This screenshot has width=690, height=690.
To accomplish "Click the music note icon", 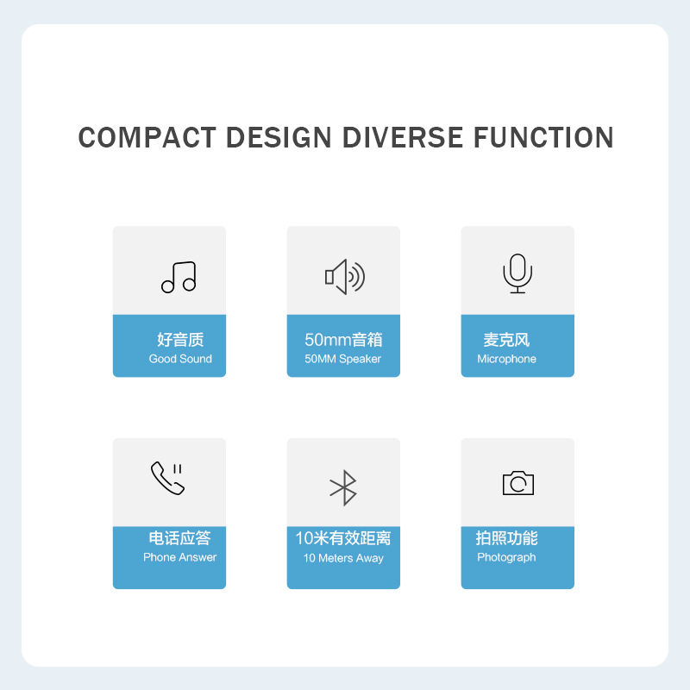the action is [179, 277].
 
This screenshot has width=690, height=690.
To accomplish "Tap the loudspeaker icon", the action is [344, 276].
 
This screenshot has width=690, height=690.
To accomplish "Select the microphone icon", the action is [517, 273].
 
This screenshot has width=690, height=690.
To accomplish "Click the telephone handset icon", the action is [167, 478].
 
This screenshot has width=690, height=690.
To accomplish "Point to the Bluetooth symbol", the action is [344, 487].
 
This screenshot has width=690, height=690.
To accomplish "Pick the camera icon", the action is [517, 483].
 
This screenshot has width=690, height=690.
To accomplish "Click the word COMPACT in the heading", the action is [146, 138].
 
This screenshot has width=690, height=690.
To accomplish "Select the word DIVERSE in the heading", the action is [403, 138].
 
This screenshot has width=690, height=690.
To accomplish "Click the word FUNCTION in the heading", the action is [543, 138].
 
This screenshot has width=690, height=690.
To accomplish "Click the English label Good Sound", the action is [180, 359].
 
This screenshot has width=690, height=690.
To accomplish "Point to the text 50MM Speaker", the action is [342, 359].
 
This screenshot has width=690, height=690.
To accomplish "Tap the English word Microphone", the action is [506, 359].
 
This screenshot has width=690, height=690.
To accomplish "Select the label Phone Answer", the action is [179, 557].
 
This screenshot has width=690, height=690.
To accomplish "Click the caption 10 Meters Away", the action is [343, 558].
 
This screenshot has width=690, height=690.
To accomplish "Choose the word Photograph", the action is [506, 557].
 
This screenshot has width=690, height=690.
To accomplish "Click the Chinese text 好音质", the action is [180, 340].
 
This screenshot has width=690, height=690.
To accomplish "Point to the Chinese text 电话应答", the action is [179, 538].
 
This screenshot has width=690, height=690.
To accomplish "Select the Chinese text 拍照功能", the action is [506, 538].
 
